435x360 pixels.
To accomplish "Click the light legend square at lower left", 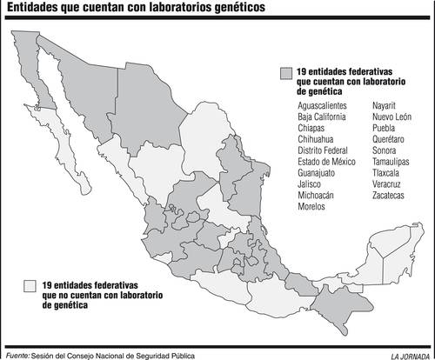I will tap(30, 284).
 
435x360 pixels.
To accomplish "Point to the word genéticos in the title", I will tap(236, 9).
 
